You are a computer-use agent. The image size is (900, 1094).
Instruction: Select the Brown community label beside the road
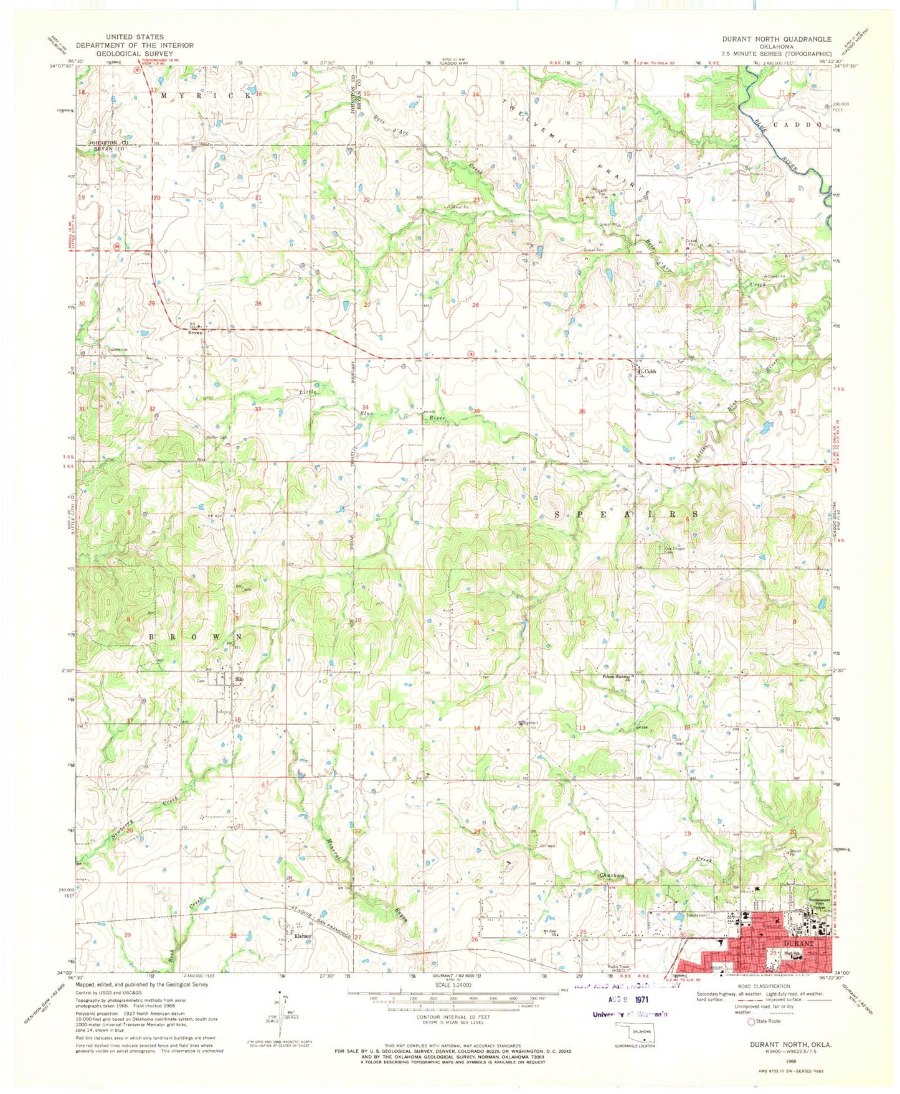pyautogui.click(x=195, y=333)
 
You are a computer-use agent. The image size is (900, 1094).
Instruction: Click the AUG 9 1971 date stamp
pyautogui.click(x=630, y=1008)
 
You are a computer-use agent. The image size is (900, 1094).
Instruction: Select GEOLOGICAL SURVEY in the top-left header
pyautogui.click(x=135, y=54)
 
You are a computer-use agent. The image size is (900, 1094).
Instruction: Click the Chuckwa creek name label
pyautogui.click(x=611, y=876)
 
